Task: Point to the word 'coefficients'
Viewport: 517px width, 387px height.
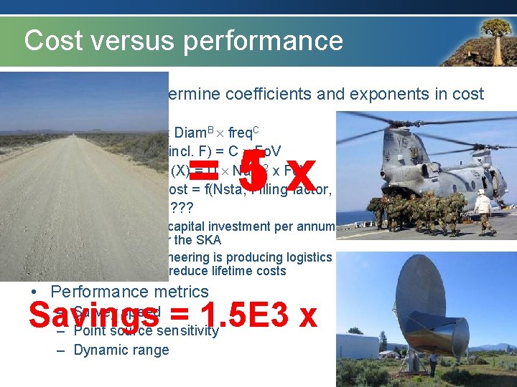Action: pos(270,94)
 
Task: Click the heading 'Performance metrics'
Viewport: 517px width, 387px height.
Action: pos(129,292)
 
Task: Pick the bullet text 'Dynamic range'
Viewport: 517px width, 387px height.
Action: pos(121,350)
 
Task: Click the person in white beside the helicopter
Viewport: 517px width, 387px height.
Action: pos(483,211)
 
